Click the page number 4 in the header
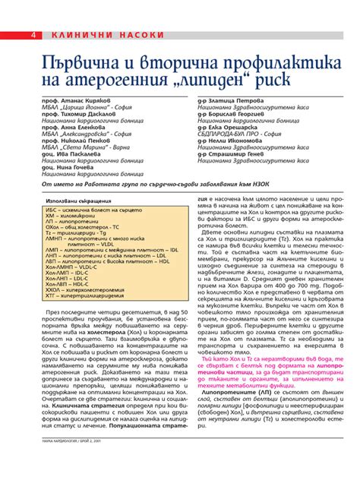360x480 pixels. click(x=35, y=36)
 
